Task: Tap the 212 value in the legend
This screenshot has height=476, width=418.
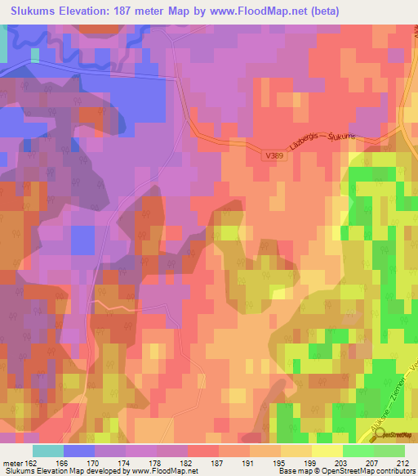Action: click(x=403, y=463)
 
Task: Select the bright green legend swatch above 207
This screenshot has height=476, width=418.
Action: click(x=358, y=451)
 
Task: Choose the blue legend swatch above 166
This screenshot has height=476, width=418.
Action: click(x=78, y=451)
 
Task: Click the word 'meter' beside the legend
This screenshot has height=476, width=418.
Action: click(x=12, y=463)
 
